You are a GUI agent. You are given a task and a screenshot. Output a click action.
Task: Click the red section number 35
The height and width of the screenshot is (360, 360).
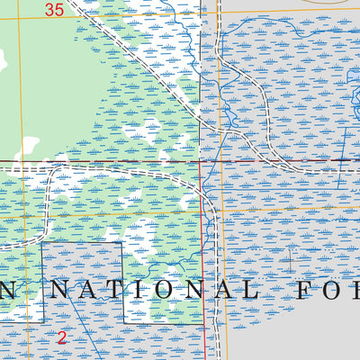53,10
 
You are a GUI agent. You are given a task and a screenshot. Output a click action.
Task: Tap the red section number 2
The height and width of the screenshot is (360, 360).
61,338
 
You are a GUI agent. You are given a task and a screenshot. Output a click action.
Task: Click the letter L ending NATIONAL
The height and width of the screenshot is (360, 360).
246,290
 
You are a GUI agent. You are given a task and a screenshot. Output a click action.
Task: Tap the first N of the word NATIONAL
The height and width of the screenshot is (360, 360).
58,290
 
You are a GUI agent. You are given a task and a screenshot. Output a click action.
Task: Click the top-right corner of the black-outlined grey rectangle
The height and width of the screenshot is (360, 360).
121,243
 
